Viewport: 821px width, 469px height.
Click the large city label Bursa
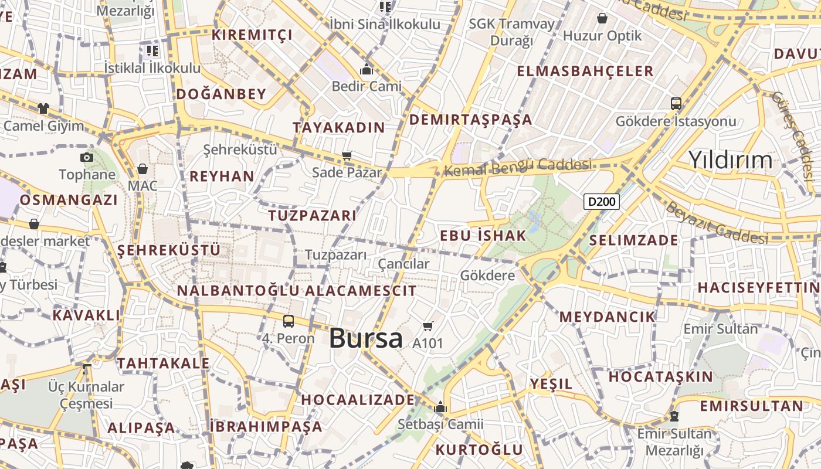[x=366, y=338]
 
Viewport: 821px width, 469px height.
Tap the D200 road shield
[x=602, y=202]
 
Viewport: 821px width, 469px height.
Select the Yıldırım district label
[x=730, y=159]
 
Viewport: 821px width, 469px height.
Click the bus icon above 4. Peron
[x=288, y=321]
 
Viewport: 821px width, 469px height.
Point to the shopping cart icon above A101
[x=428, y=326]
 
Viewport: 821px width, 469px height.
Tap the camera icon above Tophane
[x=87, y=157]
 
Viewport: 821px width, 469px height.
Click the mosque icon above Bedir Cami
[x=367, y=70]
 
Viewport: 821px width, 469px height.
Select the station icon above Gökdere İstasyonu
[x=676, y=104]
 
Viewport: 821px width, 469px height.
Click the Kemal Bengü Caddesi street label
[x=518, y=167]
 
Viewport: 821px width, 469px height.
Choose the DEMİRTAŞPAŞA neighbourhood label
[x=470, y=120]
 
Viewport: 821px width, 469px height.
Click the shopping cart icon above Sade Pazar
[x=347, y=156]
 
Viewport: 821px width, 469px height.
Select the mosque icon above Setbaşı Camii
[x=440, y=407]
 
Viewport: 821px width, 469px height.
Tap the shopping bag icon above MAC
[x=143, y=169]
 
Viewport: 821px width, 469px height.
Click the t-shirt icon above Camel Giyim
[x=43, y=108]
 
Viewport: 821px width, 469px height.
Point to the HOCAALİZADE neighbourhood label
[x=358, y=400]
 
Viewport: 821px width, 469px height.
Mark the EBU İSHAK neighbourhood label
[x=483, y=236]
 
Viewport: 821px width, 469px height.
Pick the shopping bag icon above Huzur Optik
[x=602, y=18]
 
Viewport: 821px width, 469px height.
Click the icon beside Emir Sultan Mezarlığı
[x=674, y=416]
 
